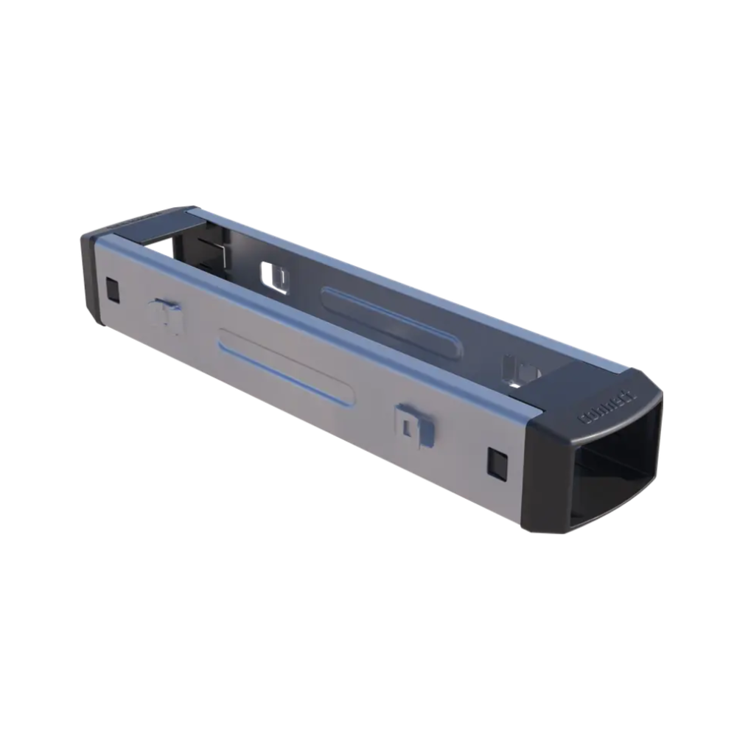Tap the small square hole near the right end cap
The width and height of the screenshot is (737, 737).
pos(496,462)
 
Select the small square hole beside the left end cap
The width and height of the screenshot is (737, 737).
pos(112,290)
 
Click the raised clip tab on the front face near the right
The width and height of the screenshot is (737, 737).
pos(414,425)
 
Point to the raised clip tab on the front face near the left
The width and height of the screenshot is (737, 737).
pos(167,316)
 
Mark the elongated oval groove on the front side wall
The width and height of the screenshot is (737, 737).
pos(287,366)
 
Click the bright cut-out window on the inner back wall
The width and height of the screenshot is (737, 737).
pos(274,276)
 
